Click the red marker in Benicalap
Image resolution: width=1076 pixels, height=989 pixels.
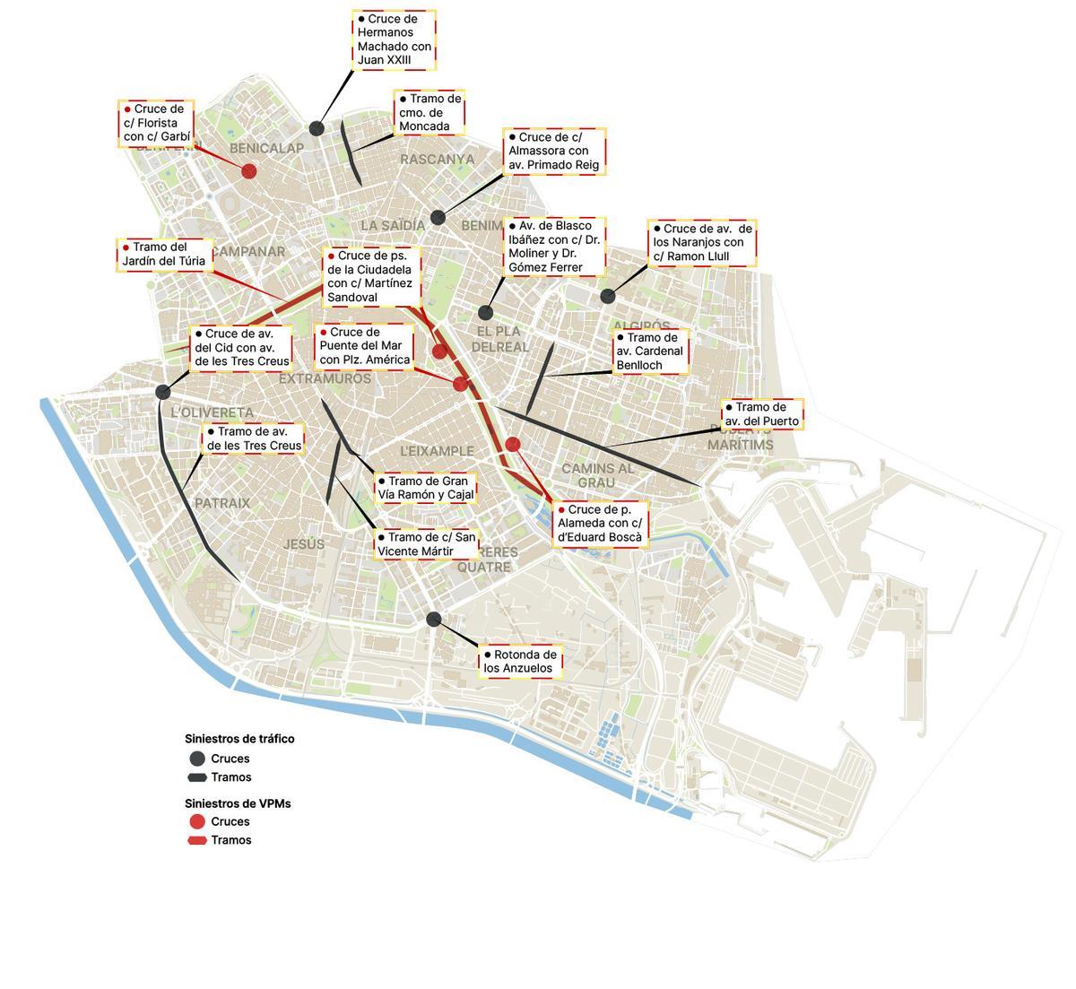pos(249,171)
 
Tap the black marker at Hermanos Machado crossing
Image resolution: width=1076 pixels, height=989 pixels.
pos(317,129)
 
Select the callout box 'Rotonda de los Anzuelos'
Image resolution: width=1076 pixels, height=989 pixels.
pos(520,662)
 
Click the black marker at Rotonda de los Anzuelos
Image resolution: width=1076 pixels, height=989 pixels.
pos(434,619)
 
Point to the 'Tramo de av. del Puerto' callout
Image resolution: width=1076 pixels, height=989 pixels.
pos(761,414)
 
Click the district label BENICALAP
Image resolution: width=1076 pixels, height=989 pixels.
pos(266,148)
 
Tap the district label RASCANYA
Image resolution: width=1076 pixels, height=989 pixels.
pos(437,160)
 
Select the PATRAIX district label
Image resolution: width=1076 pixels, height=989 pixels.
pos(222,503)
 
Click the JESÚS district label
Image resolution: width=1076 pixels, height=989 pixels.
pos(304,544)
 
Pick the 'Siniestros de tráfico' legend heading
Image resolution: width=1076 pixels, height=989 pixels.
pos(239,739)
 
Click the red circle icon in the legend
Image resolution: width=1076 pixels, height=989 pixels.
pos(197,821)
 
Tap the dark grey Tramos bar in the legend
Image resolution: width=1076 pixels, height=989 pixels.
pos(197,777)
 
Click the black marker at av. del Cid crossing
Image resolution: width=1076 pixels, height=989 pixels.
pos(163,392)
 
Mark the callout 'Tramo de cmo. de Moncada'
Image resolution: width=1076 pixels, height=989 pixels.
pos(430,112)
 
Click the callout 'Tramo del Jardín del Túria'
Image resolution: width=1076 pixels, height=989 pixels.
pos(165,255)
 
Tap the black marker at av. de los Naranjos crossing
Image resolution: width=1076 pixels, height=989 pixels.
pos(608,297)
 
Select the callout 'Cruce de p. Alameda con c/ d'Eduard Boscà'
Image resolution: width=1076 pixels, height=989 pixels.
pos(600,524)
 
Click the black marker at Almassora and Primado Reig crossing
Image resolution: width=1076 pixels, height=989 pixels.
pos(438,218)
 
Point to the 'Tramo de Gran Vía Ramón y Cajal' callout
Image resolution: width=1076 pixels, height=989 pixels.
pos(425,489)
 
